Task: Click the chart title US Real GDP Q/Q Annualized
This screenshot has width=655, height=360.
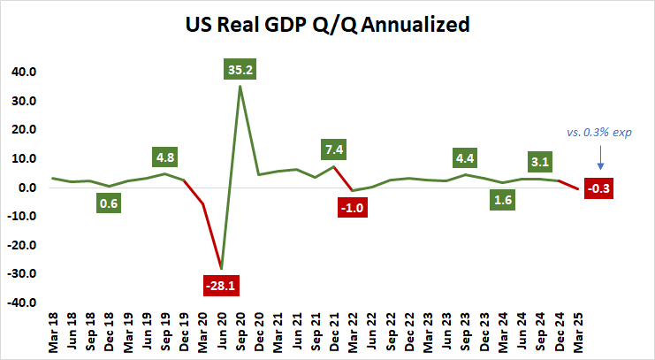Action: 327,25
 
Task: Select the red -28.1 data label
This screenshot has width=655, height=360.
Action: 219,287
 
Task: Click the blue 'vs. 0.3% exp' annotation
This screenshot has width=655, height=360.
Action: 599,132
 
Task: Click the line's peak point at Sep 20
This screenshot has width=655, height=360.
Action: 240,86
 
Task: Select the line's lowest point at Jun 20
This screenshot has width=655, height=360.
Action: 221,268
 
